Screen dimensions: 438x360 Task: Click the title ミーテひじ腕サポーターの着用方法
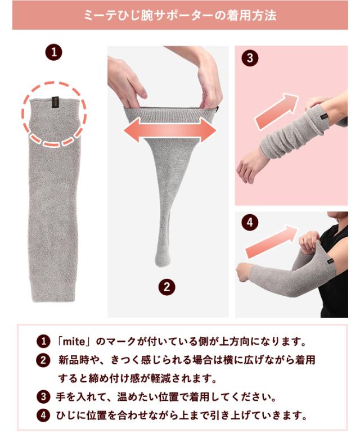point(180,15)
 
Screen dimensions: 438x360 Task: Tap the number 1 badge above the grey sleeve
point(53,53)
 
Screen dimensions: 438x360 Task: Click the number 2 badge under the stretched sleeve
point(166,287)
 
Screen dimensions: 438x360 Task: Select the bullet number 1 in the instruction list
point(42,341)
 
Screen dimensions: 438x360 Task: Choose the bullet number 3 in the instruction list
point(42,398)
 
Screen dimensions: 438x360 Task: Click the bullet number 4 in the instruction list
point(42,416)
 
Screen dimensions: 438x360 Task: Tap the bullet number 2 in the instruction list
point(42,360)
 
